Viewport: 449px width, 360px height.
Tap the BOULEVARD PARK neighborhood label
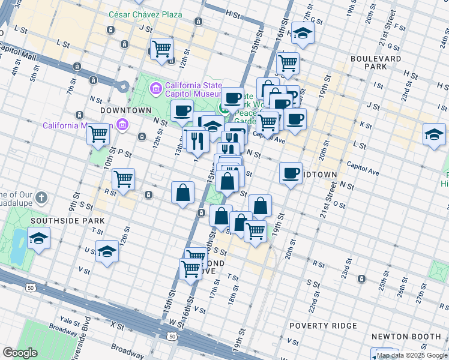[377, 62]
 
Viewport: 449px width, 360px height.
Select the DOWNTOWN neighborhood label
[125, 111]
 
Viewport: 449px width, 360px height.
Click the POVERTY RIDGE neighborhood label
[323, 326]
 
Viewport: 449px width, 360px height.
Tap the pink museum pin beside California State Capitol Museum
[156, 90]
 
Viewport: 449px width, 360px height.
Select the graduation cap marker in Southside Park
[39, 240]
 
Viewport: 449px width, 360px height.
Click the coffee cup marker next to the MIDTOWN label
[291, 173]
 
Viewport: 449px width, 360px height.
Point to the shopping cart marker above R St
[123, 179]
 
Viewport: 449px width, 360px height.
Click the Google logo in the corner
[20, 353]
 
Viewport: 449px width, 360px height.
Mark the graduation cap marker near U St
[107, 251]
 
